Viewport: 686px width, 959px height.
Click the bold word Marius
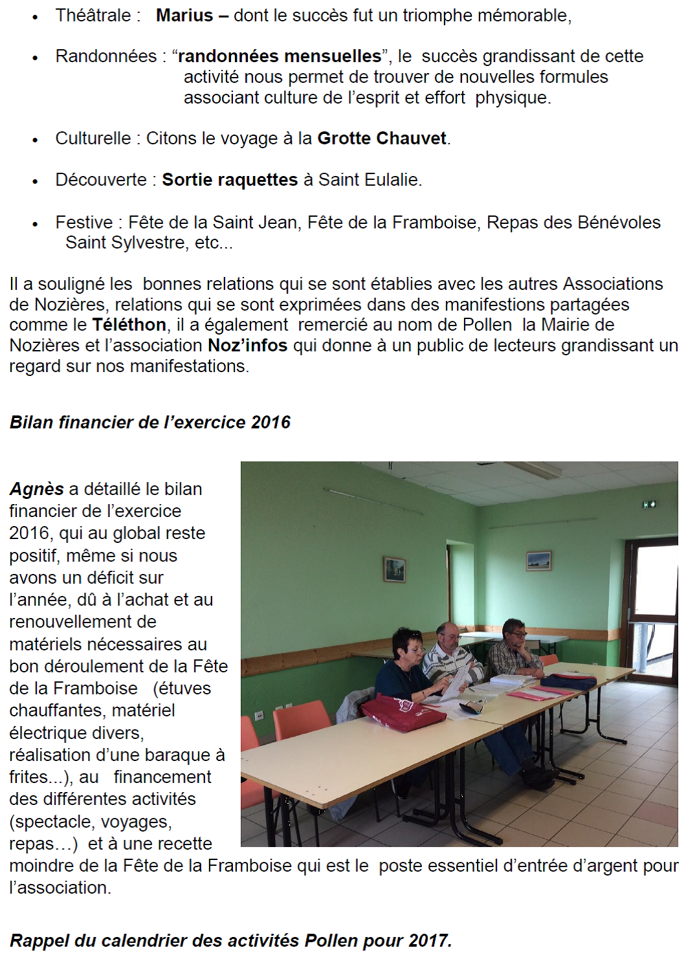click(184, 16)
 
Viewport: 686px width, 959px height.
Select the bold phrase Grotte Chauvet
click(382, 138)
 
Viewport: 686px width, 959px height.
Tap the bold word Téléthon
click(129, 325)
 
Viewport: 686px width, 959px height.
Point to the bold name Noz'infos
click(247, 346)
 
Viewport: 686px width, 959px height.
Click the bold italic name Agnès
click(37, 489)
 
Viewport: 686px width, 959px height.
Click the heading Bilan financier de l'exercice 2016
click(150, 423)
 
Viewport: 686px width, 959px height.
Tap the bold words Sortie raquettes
click(230, 180)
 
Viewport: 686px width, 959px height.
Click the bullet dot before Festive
click(36, 224)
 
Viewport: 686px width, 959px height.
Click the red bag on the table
click(403, 712)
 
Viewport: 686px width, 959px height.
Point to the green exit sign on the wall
click(650, 504)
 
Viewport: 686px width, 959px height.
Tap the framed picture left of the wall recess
click(394, 569)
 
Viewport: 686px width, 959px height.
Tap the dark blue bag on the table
click(569, 681)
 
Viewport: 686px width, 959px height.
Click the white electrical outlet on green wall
click(260, 715)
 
